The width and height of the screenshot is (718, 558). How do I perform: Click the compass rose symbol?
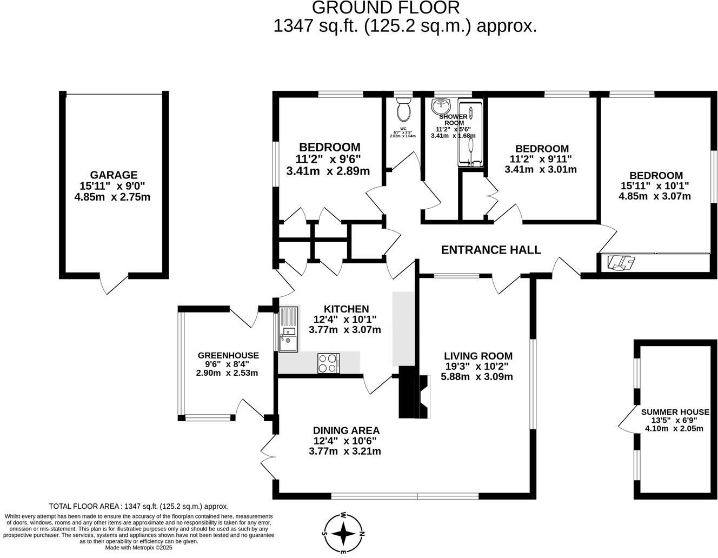pos(343,533)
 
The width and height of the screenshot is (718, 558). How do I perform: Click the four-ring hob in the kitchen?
pos(328,363)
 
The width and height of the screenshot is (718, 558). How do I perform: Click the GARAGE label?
pos(114,175)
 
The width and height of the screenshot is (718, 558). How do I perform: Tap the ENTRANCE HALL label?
pos(490,250)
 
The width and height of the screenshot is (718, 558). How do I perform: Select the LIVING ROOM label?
pos(478,356)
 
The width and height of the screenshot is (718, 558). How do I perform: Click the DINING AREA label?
pos(346,430)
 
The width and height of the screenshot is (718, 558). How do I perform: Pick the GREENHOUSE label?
pos(228,355)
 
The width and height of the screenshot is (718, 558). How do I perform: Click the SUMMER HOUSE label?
pos(675,412)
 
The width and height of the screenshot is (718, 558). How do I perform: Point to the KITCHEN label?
pos(346,309)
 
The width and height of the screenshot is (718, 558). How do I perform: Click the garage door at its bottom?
pos(114,283)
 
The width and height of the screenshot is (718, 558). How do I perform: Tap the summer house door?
pos(627,420)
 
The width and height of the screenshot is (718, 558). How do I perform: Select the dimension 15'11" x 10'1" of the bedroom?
pos(655,186)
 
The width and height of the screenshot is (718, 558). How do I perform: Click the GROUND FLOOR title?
pos(385,8)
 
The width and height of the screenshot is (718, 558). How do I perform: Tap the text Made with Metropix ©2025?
pos(138,547)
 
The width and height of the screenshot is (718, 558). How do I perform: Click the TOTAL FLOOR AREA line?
pos(138,507)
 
